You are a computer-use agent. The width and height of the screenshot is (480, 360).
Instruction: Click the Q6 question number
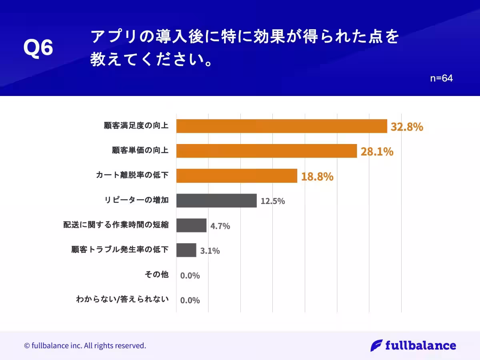(x=38, y=49)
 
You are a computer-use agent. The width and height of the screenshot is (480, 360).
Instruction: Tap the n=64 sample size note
(x=441, y=79)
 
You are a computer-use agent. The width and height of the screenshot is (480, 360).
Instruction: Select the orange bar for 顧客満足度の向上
(x=282, y=126)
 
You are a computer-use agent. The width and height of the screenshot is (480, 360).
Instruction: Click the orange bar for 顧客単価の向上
(x=266, y=151)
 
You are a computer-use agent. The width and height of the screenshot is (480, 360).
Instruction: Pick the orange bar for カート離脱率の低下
(x=236, y=176)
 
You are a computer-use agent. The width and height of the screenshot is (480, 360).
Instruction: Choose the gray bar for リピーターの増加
(x=216, y=201)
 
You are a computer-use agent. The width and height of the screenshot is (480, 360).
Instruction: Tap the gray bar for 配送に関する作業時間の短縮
(x=191, y=226)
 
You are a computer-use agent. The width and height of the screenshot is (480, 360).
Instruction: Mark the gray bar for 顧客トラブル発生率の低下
(x=186, y=250)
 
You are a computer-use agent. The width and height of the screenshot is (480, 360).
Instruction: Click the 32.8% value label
(x=407, y=127)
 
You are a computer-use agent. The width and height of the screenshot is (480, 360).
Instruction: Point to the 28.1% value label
(x=377, y=152)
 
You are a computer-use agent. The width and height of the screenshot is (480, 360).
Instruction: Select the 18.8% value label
(x=317, y=176)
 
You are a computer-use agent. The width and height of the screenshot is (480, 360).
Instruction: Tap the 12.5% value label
(x=273, y=201)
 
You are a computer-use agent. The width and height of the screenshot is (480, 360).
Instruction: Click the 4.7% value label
(x=220, y=226)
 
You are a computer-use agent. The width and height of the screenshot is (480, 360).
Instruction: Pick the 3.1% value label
(x=210, y=251)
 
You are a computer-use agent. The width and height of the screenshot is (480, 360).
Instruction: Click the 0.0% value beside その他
(x=190, y=276)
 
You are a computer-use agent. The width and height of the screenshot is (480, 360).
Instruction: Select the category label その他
(x=156, y=275)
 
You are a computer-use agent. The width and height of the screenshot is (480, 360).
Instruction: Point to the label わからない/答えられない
(x=122, y=299)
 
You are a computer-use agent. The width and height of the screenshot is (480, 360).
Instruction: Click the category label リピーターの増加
(x=136, y=200)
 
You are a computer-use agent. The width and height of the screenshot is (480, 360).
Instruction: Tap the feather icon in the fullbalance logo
(x=376, y=345)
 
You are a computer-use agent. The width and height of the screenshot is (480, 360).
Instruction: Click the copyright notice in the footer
(x=85, y=345)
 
